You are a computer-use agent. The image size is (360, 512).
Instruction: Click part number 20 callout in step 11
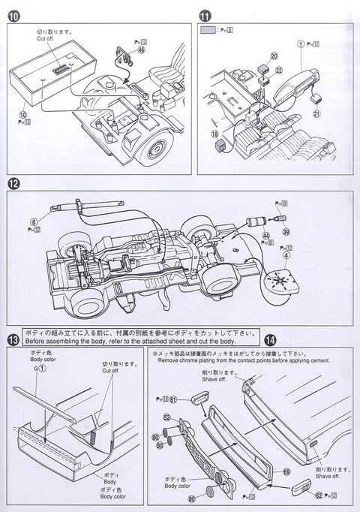253,56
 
